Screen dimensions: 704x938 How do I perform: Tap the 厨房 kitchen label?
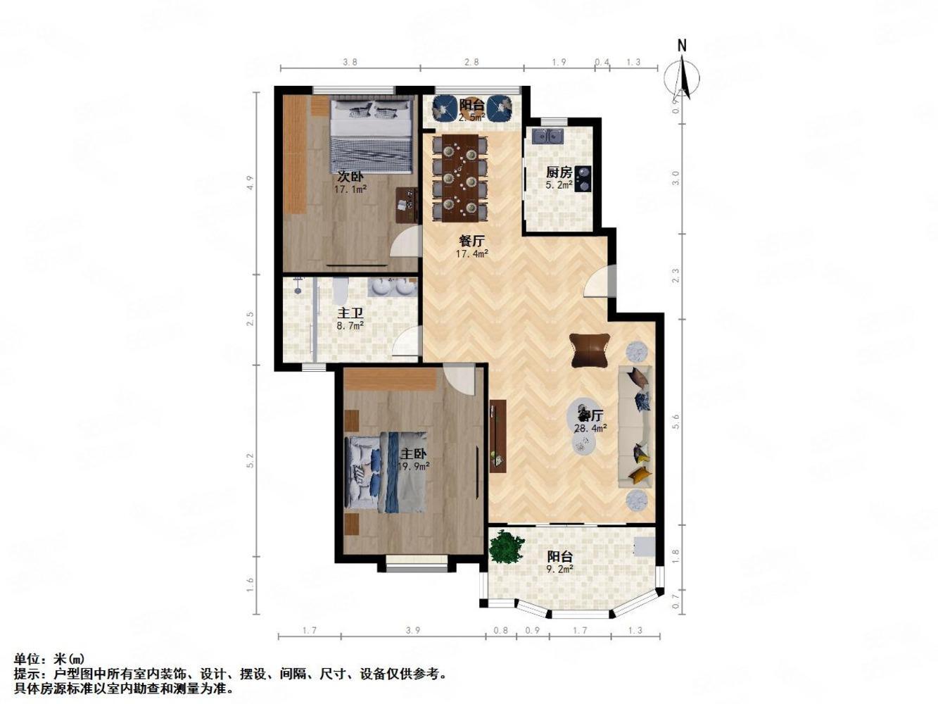point(559,172)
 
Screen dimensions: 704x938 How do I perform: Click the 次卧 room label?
point(350,177)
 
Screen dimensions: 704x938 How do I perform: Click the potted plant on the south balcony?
point(507,547)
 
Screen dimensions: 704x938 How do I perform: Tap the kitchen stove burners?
point(583,180)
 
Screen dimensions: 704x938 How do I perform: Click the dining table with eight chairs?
point(460,176)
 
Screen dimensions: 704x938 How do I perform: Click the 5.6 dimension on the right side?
point(676,421)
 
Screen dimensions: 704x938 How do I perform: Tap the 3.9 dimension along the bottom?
point(413,631)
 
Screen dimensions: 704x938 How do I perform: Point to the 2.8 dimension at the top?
point(471,62)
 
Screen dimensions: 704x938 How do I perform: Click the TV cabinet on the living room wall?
point(498,436)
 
